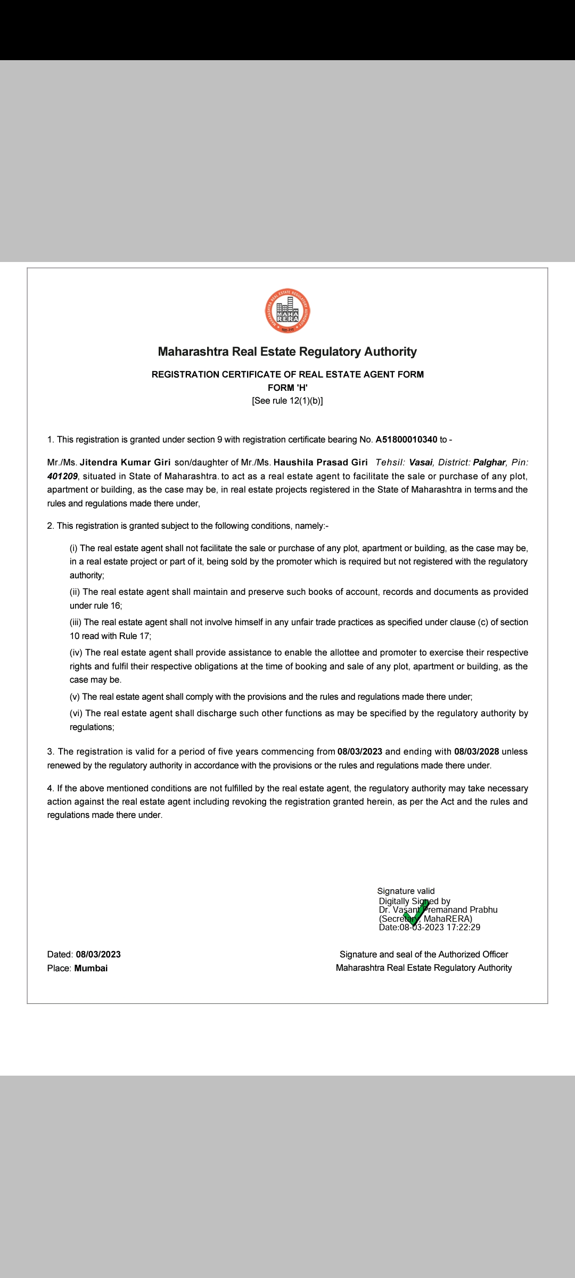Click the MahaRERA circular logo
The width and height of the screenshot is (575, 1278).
coord(287,312)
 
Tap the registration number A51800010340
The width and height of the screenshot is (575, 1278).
coord(406,440)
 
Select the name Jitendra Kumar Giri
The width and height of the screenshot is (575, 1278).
coord(125,462)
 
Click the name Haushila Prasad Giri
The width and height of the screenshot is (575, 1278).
coord(321,462)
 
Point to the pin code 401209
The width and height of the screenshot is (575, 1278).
coord(62,476)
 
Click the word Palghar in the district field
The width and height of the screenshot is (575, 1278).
coord(489,462)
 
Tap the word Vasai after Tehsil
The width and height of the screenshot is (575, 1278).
coord(420,462)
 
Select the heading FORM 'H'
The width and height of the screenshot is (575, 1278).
coord(287,388)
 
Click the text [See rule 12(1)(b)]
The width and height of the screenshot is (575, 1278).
coord(287,401)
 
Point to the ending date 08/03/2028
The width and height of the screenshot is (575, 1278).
coord(477,752)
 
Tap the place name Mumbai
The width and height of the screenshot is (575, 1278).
coord(91,968)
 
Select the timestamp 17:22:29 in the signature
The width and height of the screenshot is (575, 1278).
coord(463,927)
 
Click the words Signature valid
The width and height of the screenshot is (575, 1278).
coord(406,891)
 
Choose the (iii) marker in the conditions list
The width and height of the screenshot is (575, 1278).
coord(76,622)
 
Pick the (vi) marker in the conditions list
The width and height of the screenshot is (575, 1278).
coord(76,714)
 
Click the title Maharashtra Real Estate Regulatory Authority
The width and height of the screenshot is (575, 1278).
coord(287,351)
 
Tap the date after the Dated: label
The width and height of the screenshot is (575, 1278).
coord(98,954)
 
